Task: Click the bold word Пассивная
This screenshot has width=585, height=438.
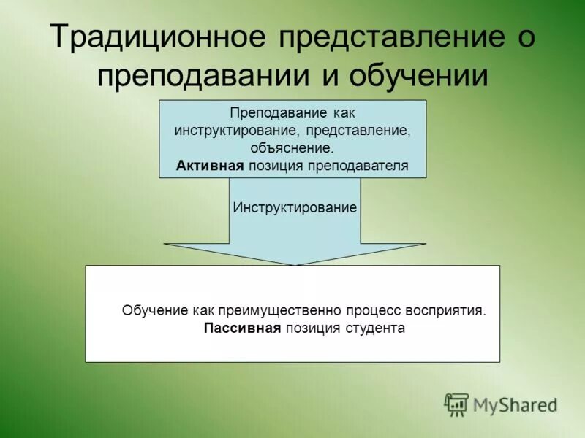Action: (242, 328)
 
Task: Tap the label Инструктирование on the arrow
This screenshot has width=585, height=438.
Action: (295, 207)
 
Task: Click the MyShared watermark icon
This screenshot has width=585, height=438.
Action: (457, 404)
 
